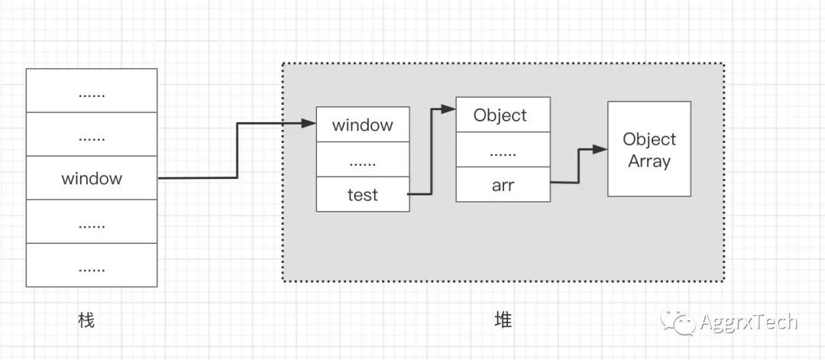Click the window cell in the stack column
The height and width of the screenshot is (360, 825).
(x=92, y=178)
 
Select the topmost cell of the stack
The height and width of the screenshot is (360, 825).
(x=92, y=91)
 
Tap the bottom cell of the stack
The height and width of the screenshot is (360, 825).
(x=92, y=265)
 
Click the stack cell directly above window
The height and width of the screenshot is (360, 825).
(x=92, y=135)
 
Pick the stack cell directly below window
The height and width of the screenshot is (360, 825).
(x=92, y=222)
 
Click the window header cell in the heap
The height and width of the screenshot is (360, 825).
(x=363, y=125)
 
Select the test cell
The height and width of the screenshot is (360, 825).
(x=363, y=194)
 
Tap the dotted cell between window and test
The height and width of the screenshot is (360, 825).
(x=363, y=160)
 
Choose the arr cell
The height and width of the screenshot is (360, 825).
(x=503, y=185)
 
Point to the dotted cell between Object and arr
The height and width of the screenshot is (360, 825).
(x=503, y=151)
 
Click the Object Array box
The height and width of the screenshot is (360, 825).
(x=649, y=149)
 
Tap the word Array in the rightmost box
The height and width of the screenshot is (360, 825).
(x=649, y=161)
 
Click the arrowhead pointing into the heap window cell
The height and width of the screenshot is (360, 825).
(x=311, y=123)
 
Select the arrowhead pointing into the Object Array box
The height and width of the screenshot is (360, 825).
(x=602, y=149)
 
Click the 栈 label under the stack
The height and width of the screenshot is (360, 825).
(x=86, y=320)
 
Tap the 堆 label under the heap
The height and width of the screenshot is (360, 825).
(x=503, y=320)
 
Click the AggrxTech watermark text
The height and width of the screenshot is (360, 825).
(x=749, y=322)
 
